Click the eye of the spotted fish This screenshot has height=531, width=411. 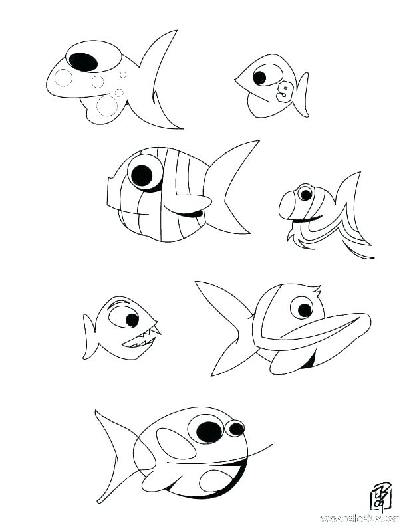click(84, 61)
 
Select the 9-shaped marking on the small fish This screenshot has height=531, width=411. click(286, 91)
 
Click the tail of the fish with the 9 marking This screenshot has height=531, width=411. click(303, 93)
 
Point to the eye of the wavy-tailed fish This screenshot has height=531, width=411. click(305, 194)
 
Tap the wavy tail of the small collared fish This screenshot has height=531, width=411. click(346, 213)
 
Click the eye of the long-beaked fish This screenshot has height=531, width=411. click(303, 309)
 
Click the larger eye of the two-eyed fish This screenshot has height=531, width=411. click(207, 430)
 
